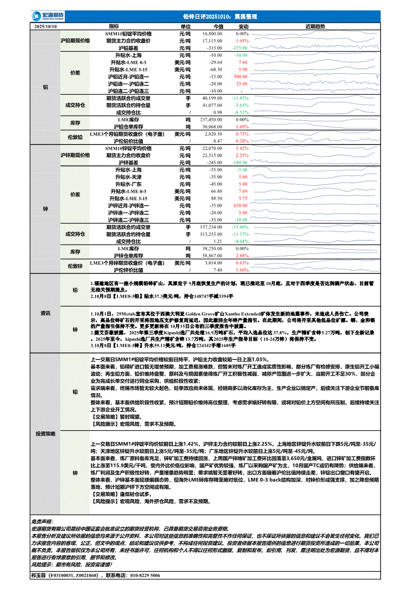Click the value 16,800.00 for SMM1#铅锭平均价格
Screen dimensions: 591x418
point(213,33)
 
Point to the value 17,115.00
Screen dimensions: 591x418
point(213,40)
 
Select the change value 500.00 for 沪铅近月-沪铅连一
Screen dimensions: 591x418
point(240,76)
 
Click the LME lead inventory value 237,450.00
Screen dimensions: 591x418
point(212,119)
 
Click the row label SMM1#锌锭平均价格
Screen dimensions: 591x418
point(129,149)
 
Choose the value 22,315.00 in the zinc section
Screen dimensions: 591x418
point(213,156)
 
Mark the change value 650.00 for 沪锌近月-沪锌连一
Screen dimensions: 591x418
point(240,206)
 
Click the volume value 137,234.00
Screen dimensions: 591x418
point(212,228)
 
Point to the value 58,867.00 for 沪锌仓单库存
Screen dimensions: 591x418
point(213,256)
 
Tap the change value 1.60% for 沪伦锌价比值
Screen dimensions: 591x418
point(242,270)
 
